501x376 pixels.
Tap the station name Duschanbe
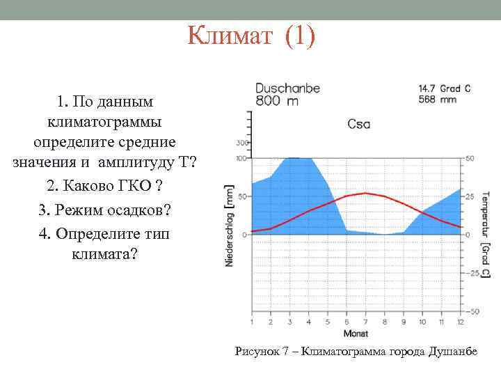coord(288,88)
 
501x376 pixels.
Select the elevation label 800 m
coord(277,101)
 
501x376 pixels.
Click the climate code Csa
coord(359,124)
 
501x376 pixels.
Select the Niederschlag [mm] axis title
coord(230,225)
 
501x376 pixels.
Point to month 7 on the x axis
coord(365,322)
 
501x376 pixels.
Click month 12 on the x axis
coord(460,322)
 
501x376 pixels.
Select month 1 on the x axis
coord(251,322)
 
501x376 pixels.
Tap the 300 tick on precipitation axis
coord(242,143)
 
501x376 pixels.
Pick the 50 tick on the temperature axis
coord(470,159)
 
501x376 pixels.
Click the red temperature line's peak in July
coord(365,193)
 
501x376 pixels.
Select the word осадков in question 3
coord(134,210)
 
